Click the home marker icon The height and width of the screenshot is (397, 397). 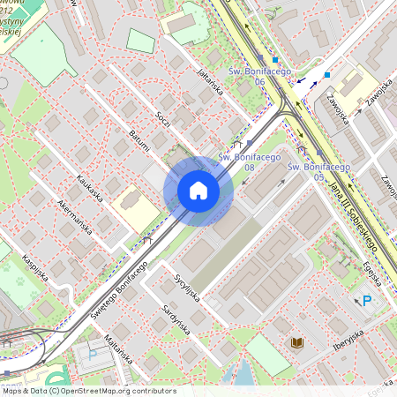pos(198,191)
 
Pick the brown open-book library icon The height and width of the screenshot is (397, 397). pos(295,341)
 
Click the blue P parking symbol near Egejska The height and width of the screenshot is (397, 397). pos(368,302)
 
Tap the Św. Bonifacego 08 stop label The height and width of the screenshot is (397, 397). pos(249,161)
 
